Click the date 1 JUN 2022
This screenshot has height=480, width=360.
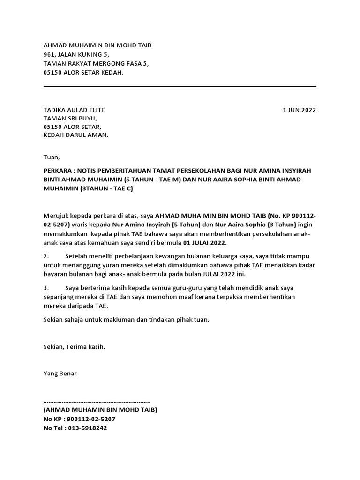tap(299, 110)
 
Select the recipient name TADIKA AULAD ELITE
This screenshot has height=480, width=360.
tap(74, 110)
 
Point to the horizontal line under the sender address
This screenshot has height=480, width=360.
tap(180, 86)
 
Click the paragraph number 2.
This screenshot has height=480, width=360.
tap(46, 256)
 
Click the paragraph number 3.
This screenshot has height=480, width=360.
tap(46, 287)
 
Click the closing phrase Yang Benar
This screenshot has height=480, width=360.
tap(60, 374)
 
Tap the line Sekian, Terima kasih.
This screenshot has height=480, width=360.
tap(74, 347)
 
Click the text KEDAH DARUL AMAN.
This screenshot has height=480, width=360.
tap(75, 135)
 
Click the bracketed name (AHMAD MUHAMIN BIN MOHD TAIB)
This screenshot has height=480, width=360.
tap(100, 410)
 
